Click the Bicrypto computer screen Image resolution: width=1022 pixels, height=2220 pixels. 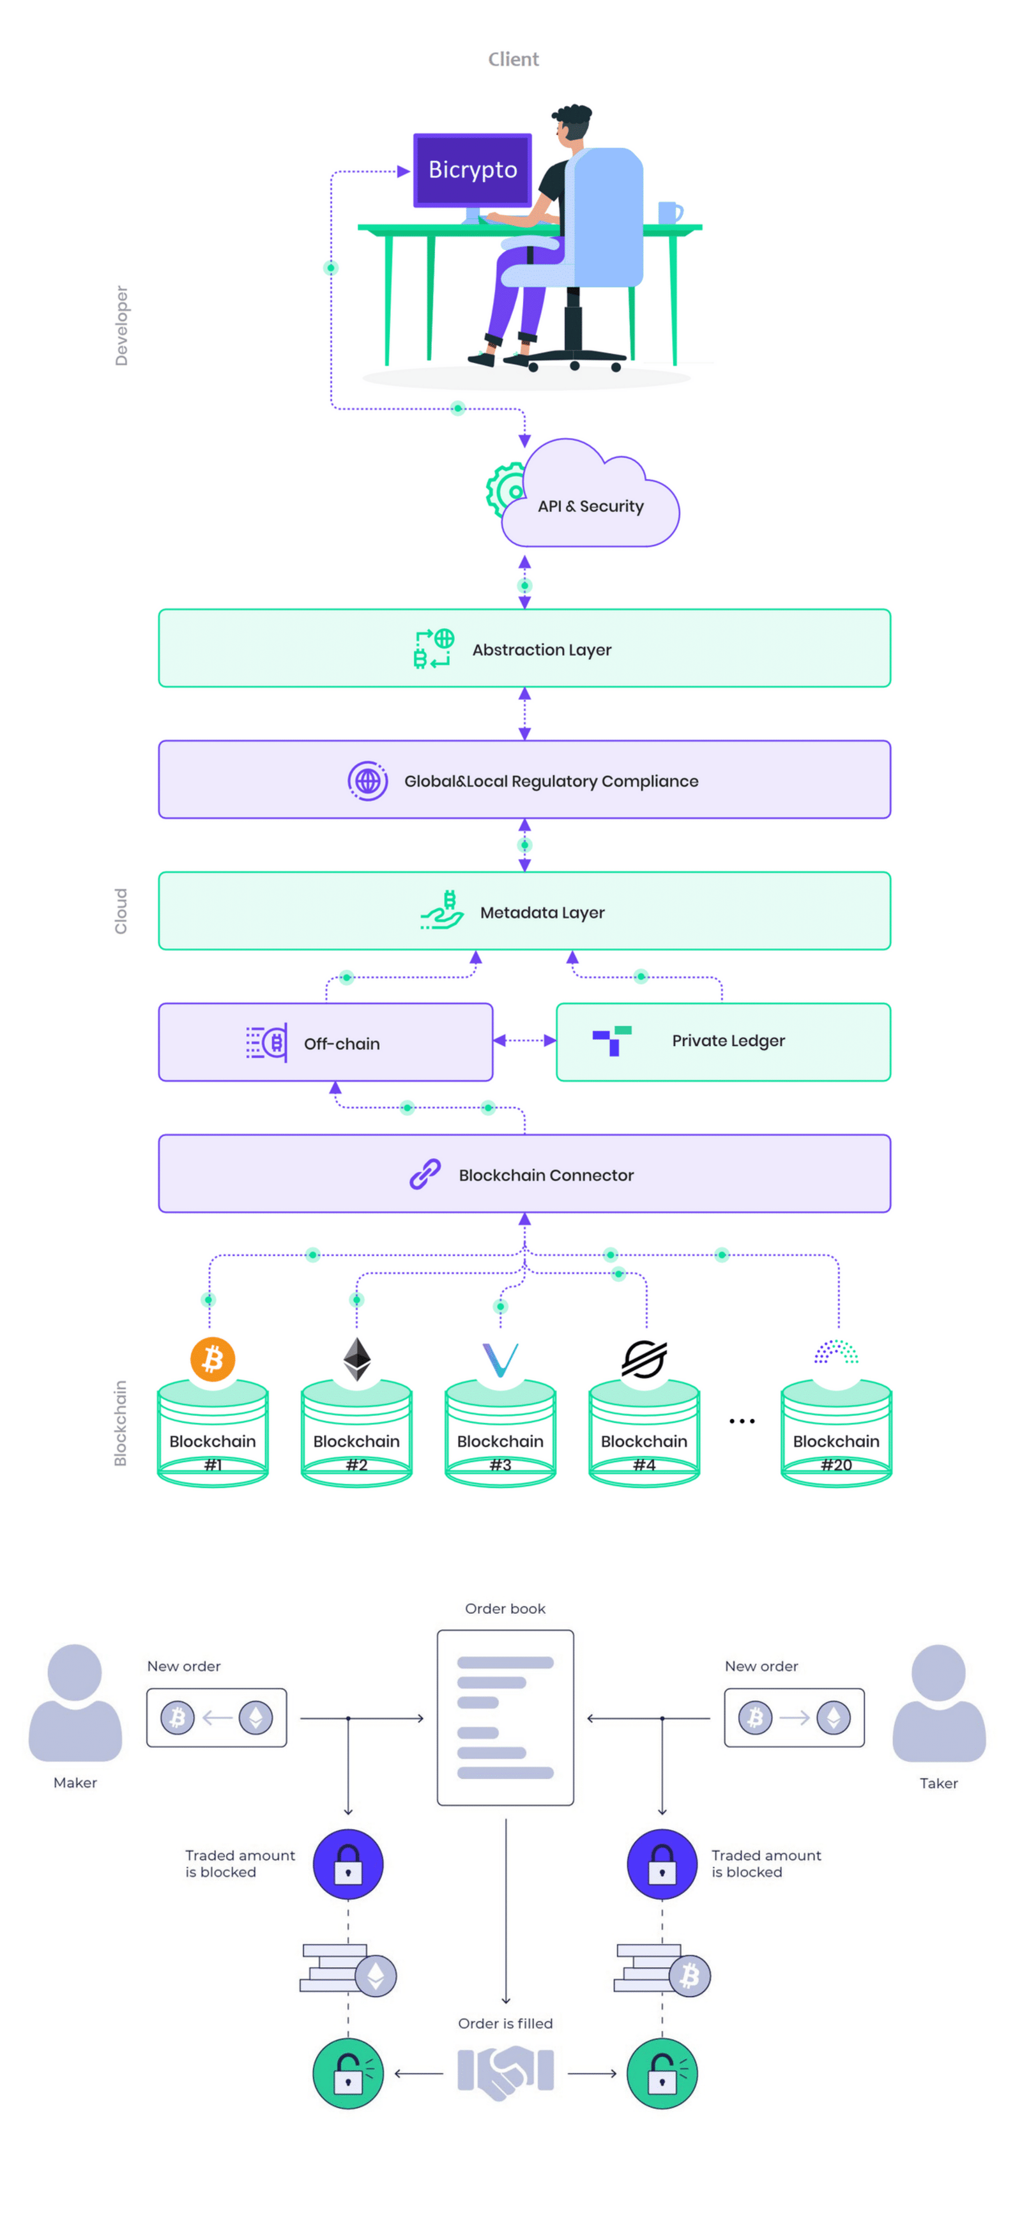click(x=472, y=170)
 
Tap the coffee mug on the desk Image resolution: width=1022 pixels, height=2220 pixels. click(x=669, y=212)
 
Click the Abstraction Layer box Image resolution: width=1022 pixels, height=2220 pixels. click(x=524, y=649)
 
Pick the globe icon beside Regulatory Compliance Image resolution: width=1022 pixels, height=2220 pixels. click(x=367, y=781)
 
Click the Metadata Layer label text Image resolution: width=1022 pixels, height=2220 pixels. click(x=542, y=912)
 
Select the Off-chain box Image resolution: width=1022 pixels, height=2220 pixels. click(x=326, y=1043)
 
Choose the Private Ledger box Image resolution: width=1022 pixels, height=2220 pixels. click(x=723, y=1041)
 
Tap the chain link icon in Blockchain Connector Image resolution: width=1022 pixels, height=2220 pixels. click(x=425, y=1174)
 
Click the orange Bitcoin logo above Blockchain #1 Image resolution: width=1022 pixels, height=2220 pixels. click(x=213, y=1359)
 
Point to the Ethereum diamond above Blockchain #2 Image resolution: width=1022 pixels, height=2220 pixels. click(x=357, y=1359)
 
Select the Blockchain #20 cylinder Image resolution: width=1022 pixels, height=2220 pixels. click(x=836, y=1435)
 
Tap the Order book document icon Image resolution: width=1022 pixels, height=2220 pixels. click(x=505, y=1717)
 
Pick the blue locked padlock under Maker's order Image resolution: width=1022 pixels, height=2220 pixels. click(x=348, y=1864)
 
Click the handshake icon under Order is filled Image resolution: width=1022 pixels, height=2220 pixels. click(x=505, y=2072)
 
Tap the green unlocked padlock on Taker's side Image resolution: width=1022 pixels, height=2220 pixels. click(x=662, y=2072)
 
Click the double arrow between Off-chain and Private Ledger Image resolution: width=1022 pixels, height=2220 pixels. click(x=524, y=1040)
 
